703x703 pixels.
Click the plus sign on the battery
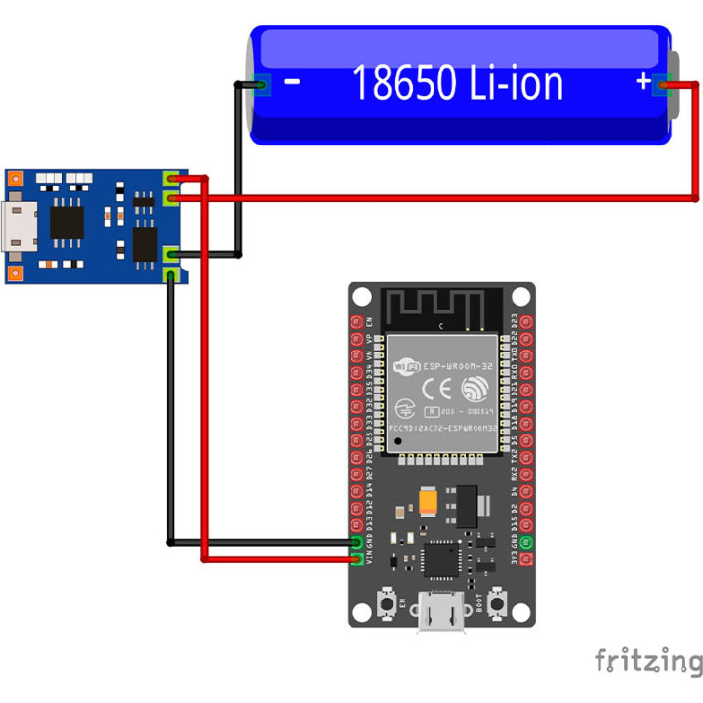coord(642,83)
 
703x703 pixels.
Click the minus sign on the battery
coord(292,83)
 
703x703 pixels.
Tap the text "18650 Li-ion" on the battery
coord(457,83)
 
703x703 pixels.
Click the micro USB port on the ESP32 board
coord(441,615)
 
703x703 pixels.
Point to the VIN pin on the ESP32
coord(357,559)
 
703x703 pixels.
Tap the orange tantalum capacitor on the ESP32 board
coord(430,501)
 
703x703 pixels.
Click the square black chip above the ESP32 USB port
coord(436,559)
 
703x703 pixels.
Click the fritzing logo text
coord(647,661)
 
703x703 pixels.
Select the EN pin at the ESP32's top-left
coord(357,321)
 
